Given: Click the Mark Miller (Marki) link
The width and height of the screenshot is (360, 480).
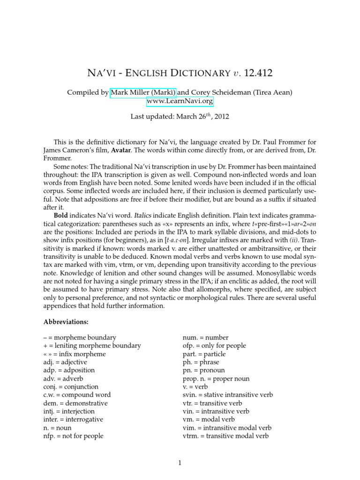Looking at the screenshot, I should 137,93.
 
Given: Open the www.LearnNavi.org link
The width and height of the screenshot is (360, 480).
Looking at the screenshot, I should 180,101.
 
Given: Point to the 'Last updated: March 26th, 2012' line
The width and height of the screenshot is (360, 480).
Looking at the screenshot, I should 180,117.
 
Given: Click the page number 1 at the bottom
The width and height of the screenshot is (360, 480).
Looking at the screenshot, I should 180,463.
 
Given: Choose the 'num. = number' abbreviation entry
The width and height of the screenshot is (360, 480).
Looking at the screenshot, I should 205,337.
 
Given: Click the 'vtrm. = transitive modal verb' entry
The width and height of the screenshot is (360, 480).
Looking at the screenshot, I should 225,435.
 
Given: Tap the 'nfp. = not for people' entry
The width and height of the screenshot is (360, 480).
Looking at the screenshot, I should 73,435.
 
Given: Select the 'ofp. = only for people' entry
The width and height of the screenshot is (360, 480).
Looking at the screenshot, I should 214,345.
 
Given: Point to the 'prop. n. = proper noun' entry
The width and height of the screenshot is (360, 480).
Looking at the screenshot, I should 216,378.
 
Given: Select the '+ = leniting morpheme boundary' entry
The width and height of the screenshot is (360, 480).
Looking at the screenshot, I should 92,345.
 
